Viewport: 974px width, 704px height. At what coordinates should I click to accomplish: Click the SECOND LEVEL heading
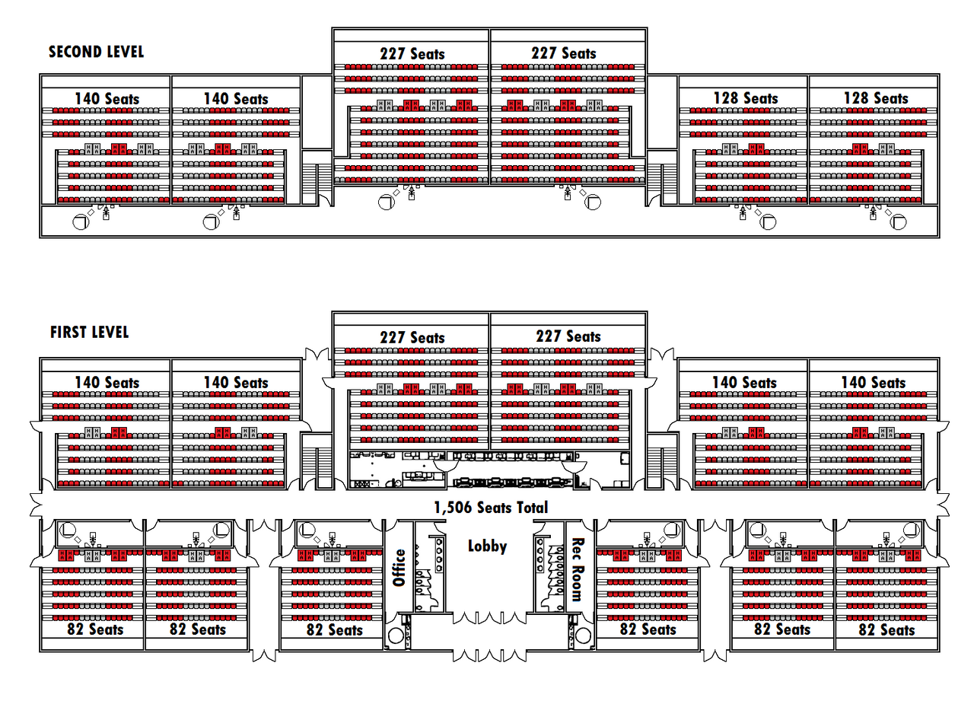96,52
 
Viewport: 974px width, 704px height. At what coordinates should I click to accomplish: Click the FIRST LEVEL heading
89,333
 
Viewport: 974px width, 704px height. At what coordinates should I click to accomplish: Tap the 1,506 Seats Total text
491,508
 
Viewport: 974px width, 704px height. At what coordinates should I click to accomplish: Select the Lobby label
487,546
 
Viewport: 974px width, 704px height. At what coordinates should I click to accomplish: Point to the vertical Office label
399,568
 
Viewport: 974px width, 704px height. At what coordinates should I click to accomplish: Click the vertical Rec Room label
578,569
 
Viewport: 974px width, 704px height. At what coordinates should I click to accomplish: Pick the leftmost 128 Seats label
746,98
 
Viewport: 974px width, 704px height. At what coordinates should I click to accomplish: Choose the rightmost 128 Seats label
876,98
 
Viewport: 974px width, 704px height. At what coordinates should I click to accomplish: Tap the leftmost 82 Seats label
95,629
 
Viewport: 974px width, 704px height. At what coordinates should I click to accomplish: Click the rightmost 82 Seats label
886,629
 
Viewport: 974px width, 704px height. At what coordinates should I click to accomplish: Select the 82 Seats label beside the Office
334,629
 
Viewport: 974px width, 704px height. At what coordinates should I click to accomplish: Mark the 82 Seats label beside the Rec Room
648,629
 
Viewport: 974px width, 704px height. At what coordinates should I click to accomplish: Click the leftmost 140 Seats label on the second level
107,99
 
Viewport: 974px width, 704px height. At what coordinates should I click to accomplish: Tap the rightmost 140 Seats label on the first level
874,383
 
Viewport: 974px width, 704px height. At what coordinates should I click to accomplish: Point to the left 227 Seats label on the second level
412,54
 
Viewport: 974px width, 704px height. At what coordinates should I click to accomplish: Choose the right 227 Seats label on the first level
568,336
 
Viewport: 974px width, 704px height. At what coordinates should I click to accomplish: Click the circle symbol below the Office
395,636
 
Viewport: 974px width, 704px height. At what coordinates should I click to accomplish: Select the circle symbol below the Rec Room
583,636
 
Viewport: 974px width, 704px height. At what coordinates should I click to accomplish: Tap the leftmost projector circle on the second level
81,222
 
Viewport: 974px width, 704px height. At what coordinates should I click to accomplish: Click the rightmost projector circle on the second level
899,222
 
